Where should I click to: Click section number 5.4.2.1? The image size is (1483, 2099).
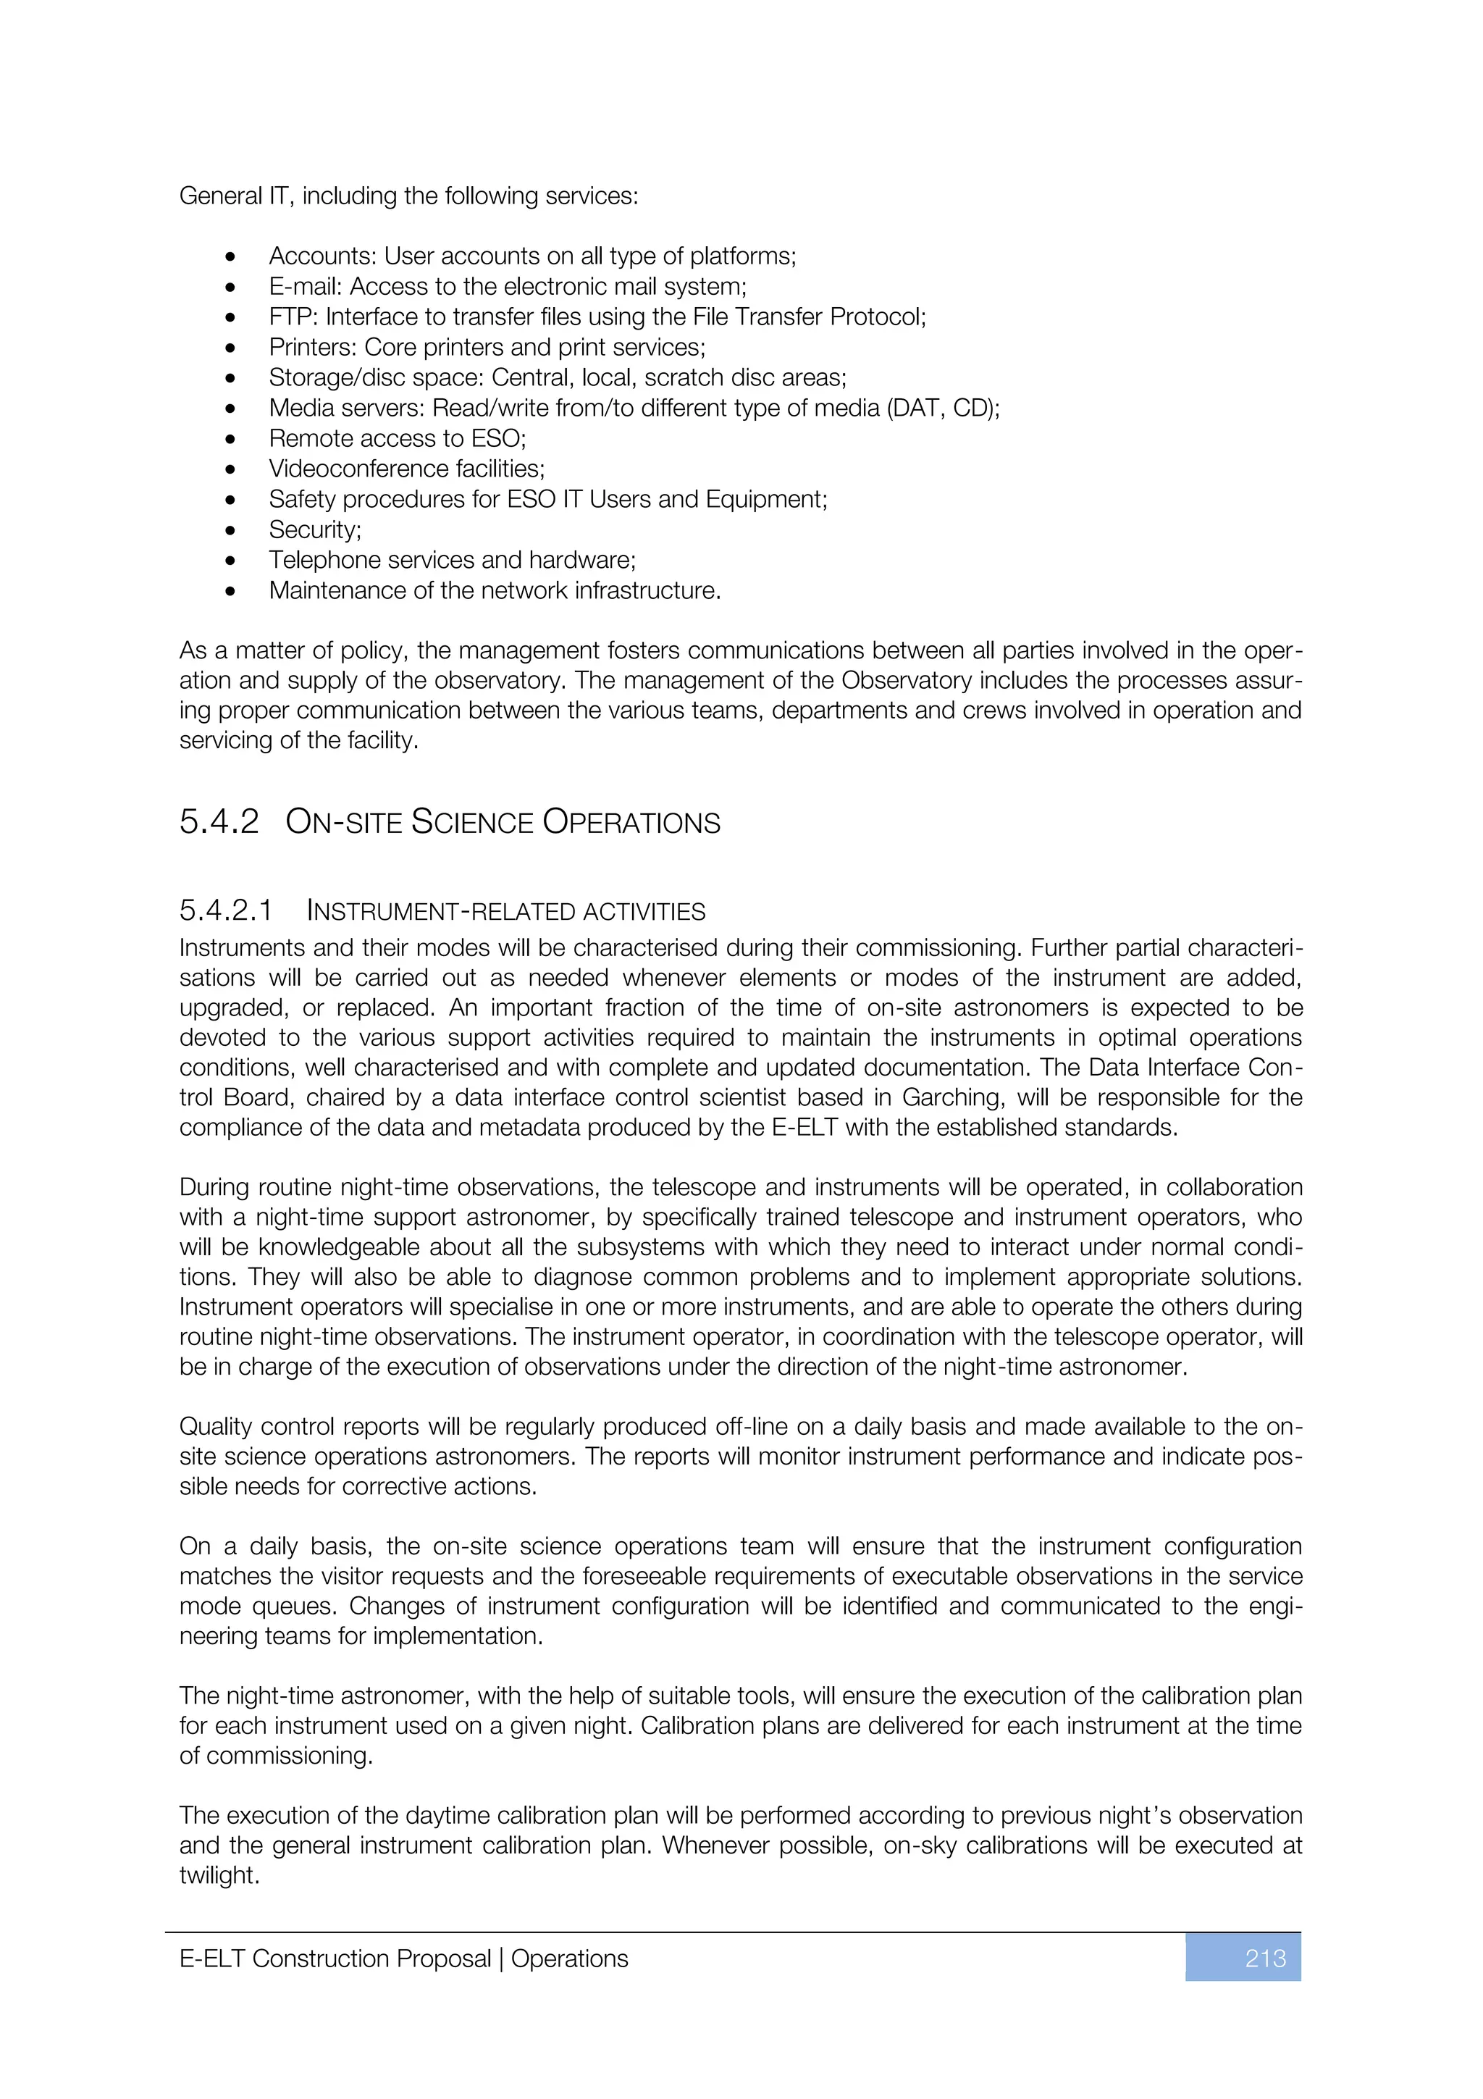pyautogui.click(x=226, y=910)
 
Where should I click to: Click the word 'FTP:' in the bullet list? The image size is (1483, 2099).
pyautogui.click(x=293, y=317)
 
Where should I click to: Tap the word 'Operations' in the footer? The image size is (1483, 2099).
pyautogui.click(x=569, y=1958)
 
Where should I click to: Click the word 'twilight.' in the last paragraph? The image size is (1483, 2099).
pyautogui.click(x=219, y=1875)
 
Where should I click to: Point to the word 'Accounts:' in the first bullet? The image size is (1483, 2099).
pyautogui.click(x=322, y=256)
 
